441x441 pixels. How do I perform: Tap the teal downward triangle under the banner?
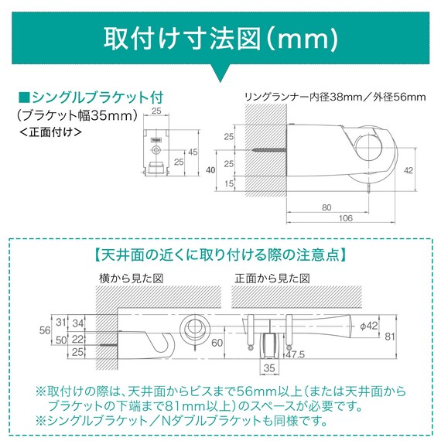click(220, 74)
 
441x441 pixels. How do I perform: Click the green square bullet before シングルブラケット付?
click(23, 98)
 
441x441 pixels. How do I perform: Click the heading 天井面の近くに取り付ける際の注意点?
click(220, 254)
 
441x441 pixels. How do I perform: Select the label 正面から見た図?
click(272, 277)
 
